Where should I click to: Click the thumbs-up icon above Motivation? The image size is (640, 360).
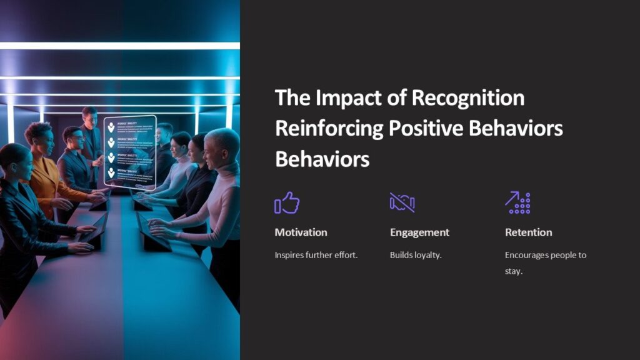(x=287, y=203)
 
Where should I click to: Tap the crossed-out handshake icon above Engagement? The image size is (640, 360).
(x=402, y=202)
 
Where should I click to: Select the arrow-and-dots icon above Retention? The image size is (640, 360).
(x=517, y=202)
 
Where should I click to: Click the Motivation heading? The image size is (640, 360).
(x=301, y=232)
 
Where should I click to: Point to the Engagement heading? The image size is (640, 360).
(x=419, y=232)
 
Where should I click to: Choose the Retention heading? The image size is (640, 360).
(x=528, y=232)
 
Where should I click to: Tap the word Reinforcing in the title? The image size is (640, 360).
(x=329, y=128)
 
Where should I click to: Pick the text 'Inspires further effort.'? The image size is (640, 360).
(x=316, y=255)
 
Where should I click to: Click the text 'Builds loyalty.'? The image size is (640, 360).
(x=416, y=255)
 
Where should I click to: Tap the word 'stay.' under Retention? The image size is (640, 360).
(x=513, y=271)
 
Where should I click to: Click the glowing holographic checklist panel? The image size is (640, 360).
(x=129, y=151)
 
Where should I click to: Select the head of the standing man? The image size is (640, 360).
(x=90, y=116)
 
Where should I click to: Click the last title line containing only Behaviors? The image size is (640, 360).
(x=322, y=159)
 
